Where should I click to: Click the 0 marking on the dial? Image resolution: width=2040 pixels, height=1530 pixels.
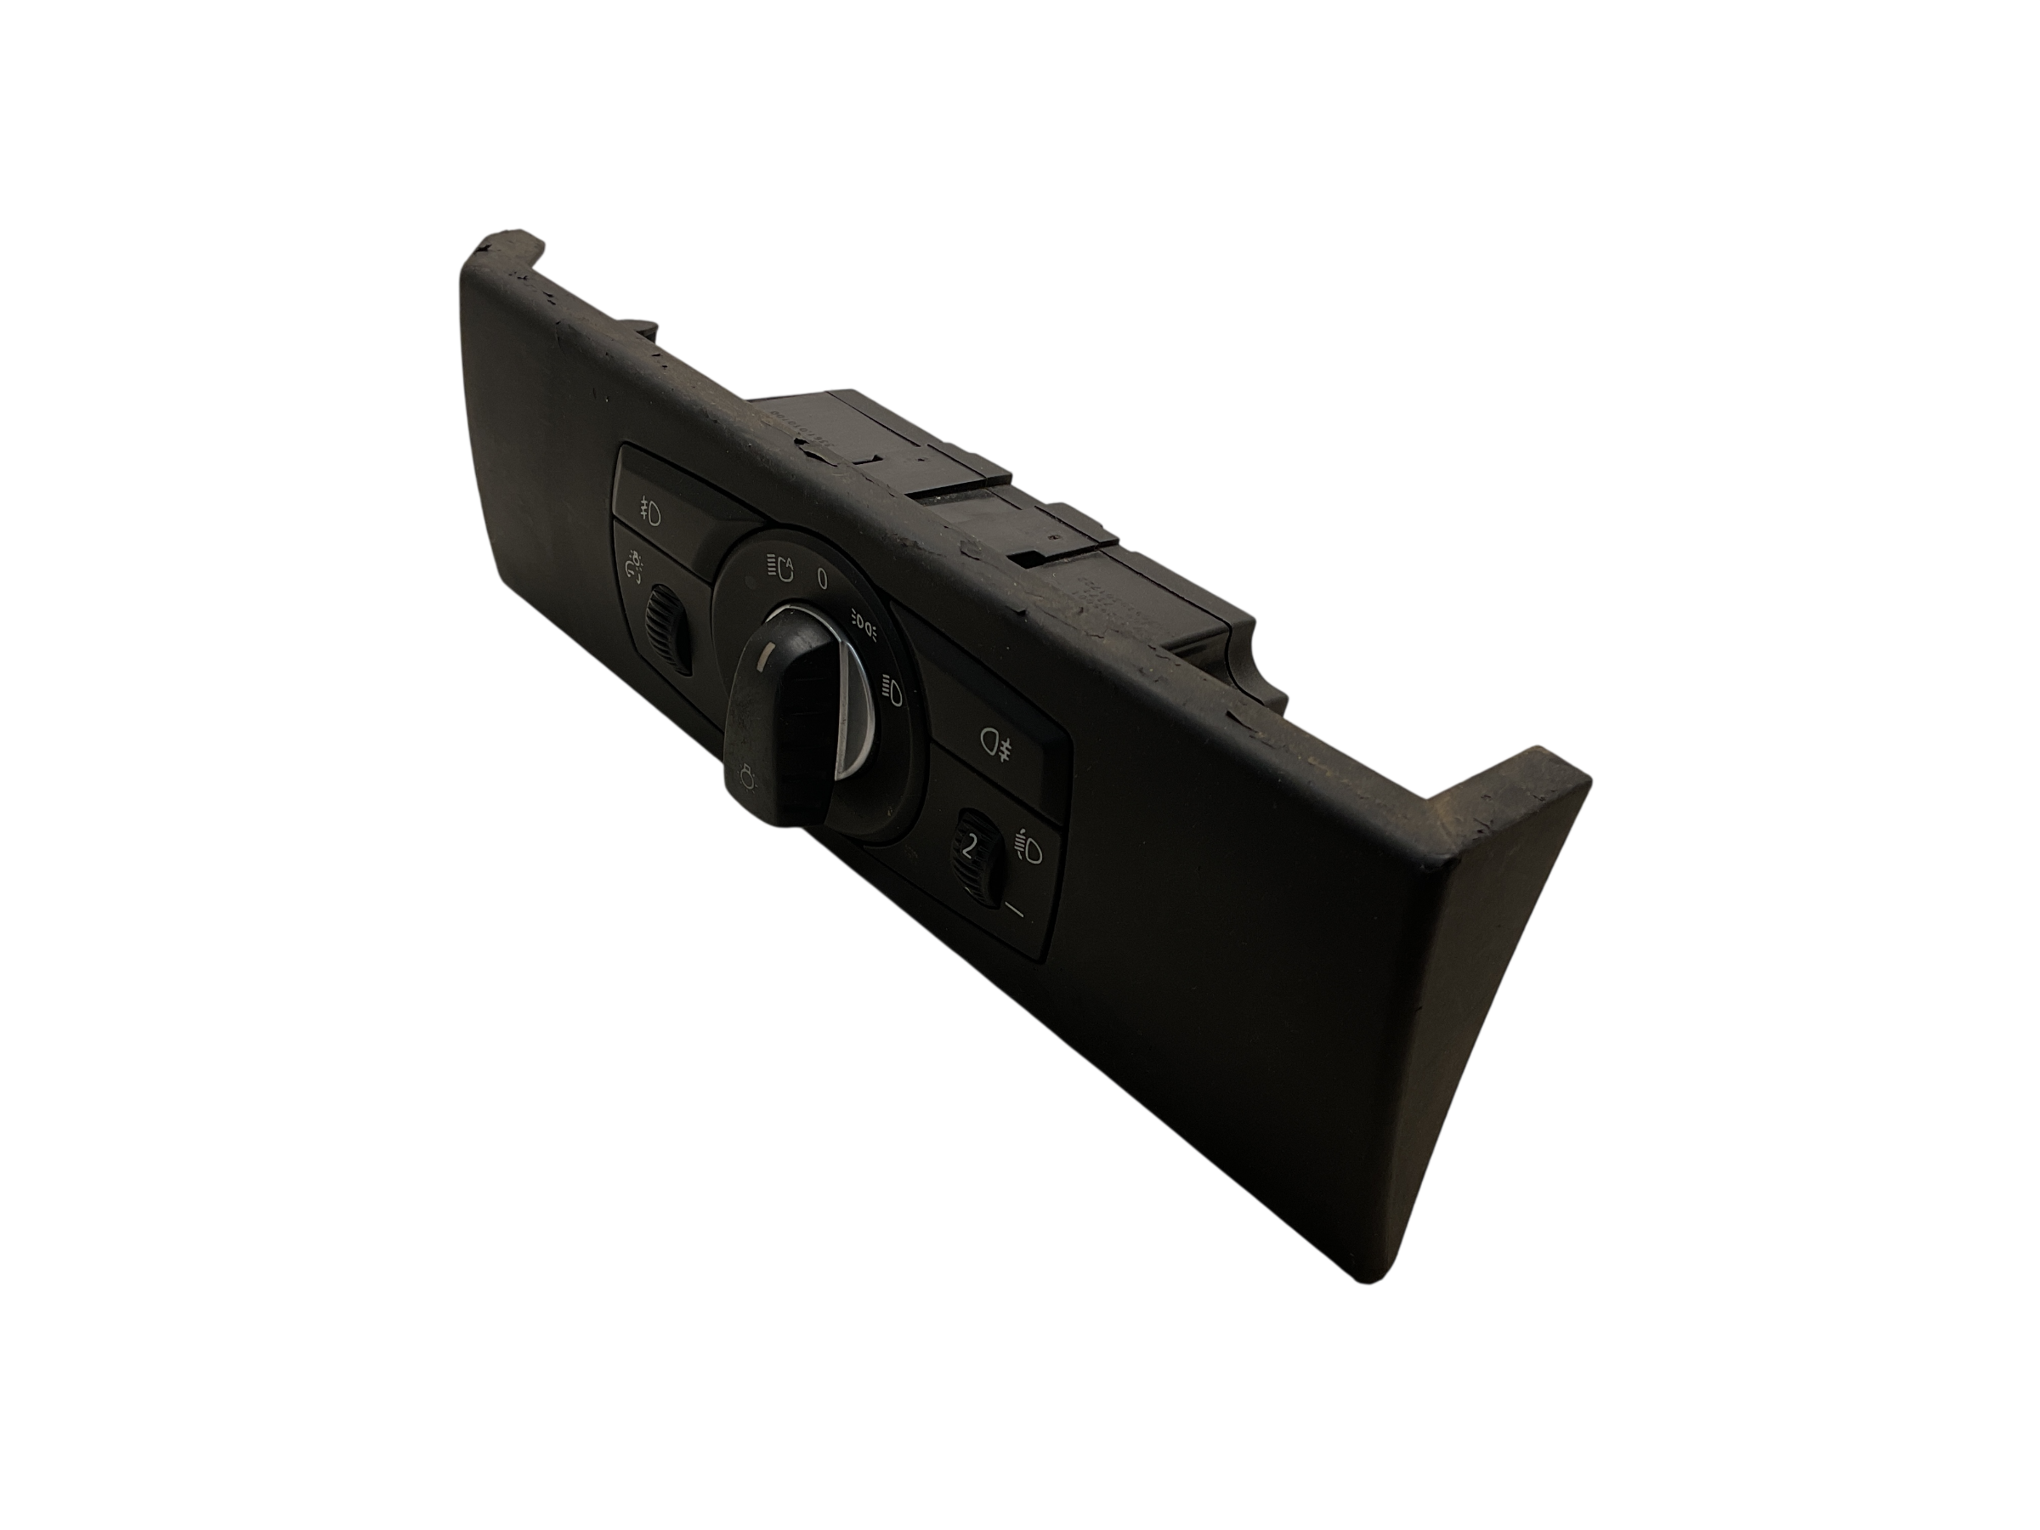[823, 578]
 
